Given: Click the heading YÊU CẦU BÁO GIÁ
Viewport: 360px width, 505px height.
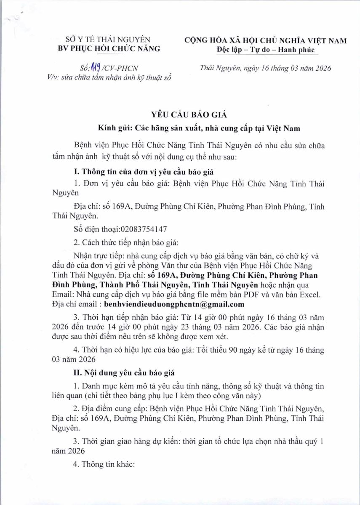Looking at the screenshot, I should [x=179, y=114].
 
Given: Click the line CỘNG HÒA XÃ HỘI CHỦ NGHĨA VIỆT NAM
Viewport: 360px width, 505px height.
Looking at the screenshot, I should [x=265, y=40].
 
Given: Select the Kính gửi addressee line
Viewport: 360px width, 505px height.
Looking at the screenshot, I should [x=179, y=126].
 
